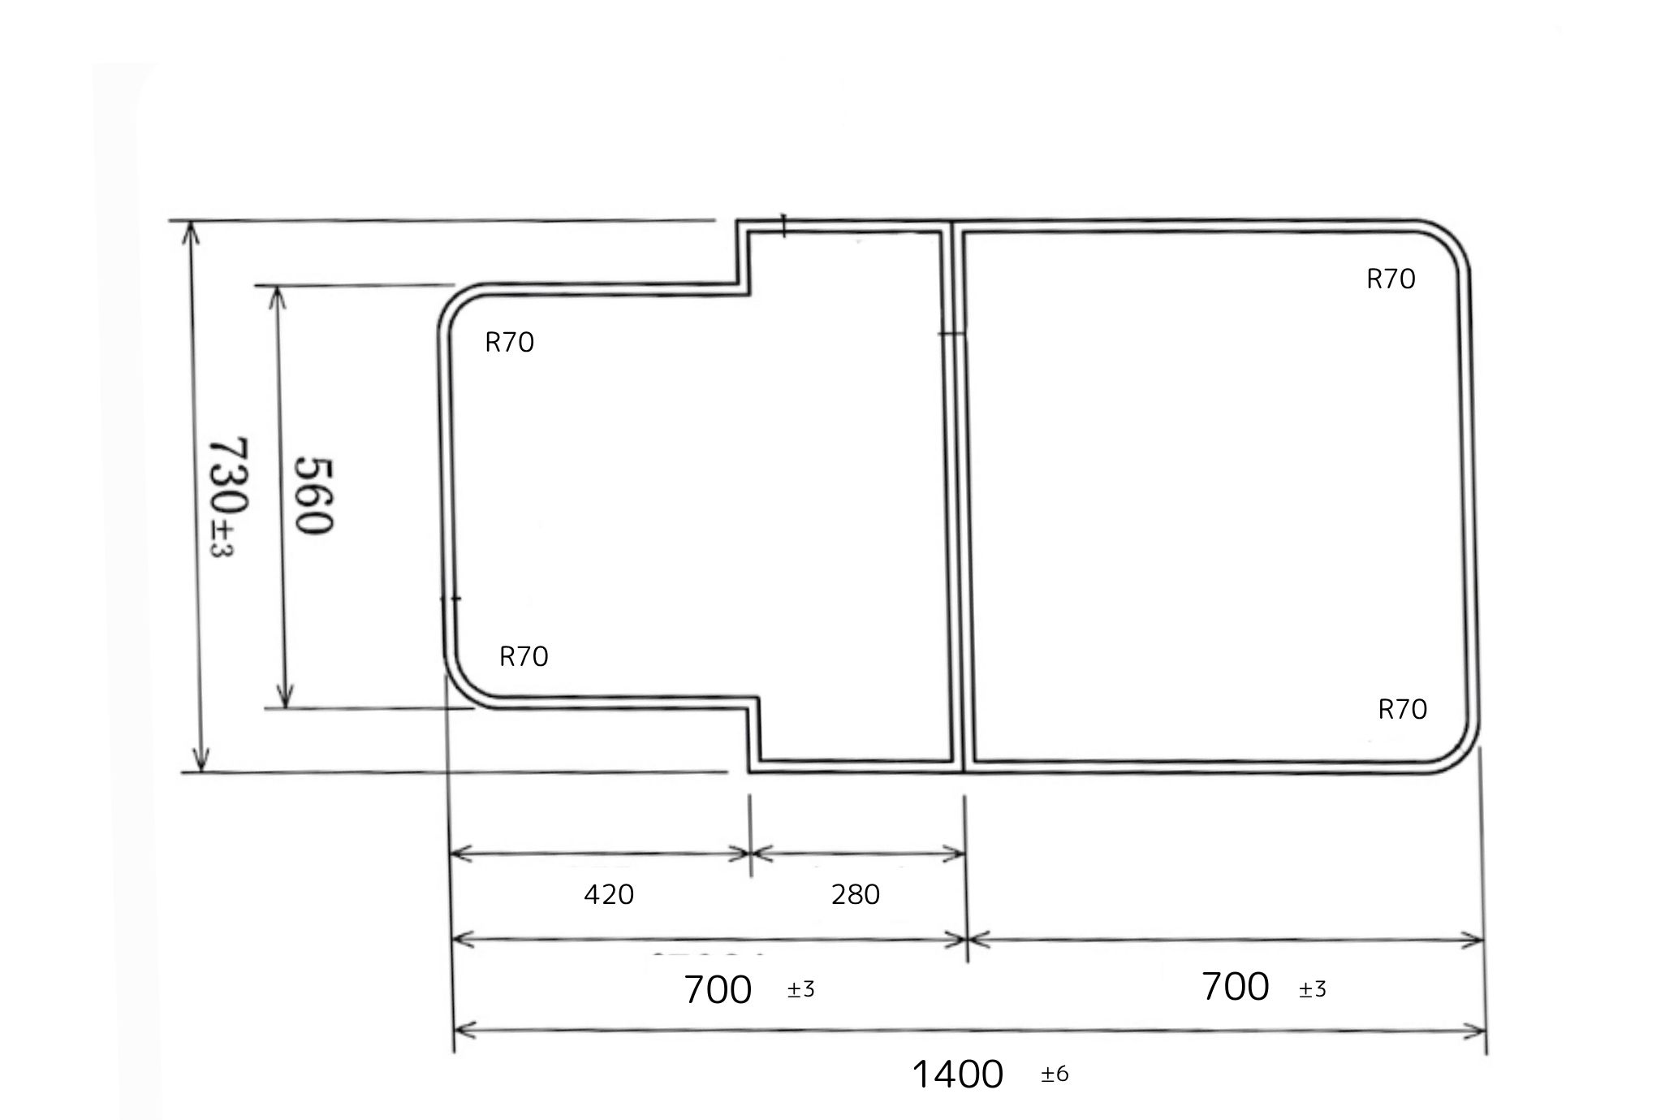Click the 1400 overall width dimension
tap(958, 1075)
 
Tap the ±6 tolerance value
tap(1055, 1075)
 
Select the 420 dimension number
tap(609, 894)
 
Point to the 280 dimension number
tap(856, 894)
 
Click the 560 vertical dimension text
tap(313, 495)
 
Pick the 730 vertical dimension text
tap(230, 478)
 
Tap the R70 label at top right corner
tap(1391, 279)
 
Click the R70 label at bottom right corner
tap(1402, 710)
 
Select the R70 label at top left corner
tap(509, 343)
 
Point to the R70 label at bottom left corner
tap(524, 656)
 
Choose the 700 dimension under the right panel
tap(1235, 987)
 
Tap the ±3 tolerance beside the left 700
tap(800, 990)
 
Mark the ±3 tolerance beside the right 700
tap(1313, 989)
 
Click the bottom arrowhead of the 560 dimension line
tap(284, 697)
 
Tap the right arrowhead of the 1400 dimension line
tap(1476, 1032)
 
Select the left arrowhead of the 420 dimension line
tap(459, 853)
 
